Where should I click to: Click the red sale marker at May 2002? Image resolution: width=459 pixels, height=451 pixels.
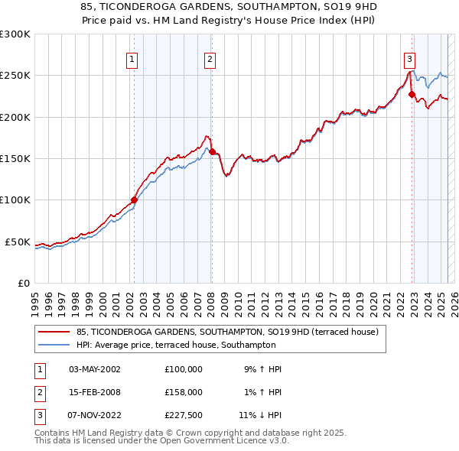click(134, 200)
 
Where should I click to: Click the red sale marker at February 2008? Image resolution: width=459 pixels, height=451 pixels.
click(212, 151)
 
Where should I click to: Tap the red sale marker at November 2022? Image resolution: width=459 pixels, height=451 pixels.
click(412, 95)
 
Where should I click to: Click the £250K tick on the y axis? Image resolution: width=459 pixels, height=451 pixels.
click(15, 76)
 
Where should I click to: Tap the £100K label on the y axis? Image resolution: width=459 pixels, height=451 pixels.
click(15, 200)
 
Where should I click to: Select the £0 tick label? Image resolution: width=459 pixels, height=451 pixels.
click(23, 283)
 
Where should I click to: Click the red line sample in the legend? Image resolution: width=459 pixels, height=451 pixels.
click(54, 333)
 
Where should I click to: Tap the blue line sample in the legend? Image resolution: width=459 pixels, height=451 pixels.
click(54, 345)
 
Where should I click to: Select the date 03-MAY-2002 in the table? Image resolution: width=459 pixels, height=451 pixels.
click(95, 368)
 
